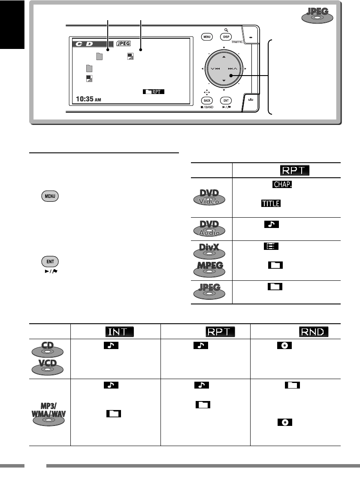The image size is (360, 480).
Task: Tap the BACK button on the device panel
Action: [x=207, y=100]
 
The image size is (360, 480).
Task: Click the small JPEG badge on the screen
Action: [x=124, y=43]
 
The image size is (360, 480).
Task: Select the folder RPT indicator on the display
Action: [x=151, y=91]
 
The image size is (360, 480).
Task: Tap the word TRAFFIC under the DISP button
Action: [x=237, y=43]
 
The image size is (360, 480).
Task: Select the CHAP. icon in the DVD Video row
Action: [x=281, y=184]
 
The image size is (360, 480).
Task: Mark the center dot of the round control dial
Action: [x=230, y=76]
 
